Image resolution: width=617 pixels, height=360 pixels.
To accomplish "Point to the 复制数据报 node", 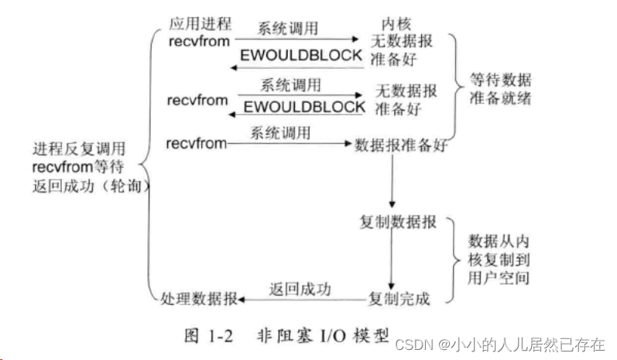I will click(398, 223).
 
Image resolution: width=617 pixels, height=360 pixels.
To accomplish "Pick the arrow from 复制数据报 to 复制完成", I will click(393, 259).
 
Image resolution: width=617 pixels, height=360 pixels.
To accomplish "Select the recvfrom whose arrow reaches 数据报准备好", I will click(197, 143).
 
